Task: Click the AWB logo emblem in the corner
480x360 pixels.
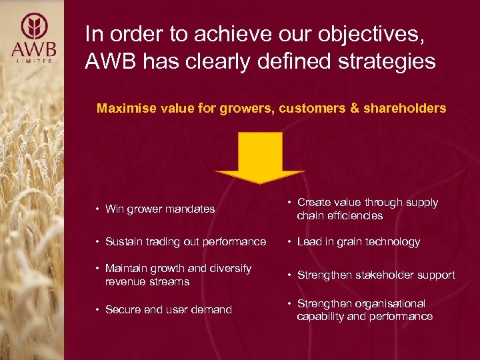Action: [35, 26]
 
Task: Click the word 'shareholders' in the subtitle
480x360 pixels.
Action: [405, 108]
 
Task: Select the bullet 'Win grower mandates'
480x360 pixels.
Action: [159, 209]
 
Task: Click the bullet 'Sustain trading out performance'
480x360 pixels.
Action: [185, 242]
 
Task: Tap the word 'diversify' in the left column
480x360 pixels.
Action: [228, 269]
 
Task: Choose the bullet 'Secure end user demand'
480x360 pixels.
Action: [168, 309]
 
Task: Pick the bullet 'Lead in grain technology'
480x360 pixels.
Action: [358, 242]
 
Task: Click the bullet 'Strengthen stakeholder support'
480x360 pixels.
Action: [375, 275]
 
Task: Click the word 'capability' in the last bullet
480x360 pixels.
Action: [321, 317]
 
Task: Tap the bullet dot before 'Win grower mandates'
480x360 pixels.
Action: [98, 209]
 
